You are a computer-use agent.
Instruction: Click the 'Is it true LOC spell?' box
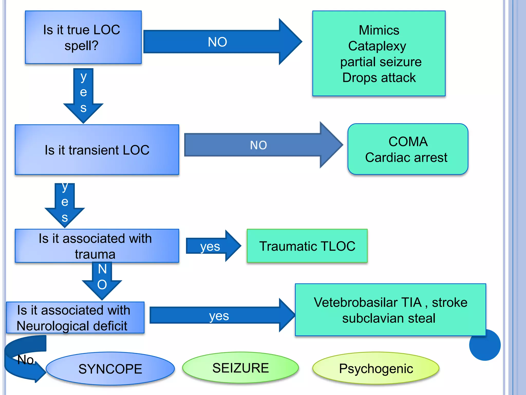coord(83,37)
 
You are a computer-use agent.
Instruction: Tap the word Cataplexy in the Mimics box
coord(377,46)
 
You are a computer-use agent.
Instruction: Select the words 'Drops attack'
coord(379,78)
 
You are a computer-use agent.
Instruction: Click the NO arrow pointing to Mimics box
coord(217,42)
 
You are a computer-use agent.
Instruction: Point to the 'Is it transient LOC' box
coord(97,150)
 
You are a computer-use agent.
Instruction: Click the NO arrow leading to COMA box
coord(258,145)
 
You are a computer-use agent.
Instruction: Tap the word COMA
coord(408,142)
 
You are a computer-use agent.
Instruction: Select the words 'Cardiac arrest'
coord(406,157)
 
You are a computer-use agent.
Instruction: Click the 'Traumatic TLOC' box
coord(307,246)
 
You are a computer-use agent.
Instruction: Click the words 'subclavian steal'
coord(389,318)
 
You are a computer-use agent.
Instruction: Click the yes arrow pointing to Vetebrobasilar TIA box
coord(219,316)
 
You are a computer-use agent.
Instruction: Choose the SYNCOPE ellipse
coord(110,369)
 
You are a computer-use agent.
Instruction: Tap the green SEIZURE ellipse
coord(240,368)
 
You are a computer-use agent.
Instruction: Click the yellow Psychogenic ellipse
coord(376,368)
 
